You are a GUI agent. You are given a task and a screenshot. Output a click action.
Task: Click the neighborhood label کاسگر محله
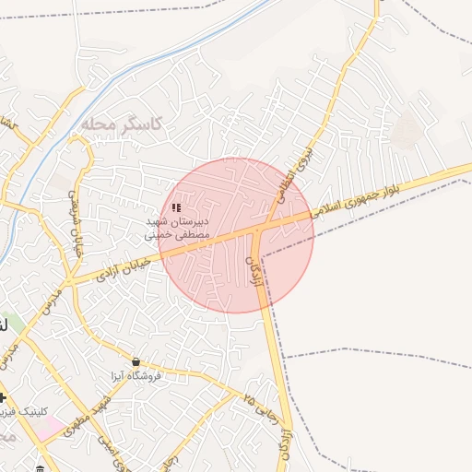click(121, 123)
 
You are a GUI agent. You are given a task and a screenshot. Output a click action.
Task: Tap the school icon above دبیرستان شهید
click(177, 209)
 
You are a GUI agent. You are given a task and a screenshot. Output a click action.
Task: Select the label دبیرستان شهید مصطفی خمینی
click(179, 229)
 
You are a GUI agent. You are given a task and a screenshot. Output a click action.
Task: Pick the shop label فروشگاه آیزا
click(136, 376)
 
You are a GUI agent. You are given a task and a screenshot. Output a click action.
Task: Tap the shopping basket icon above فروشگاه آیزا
click(136, 362)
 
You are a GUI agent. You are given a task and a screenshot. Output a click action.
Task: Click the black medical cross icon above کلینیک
click(4, 397)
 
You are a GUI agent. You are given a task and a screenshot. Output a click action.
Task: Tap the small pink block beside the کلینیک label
click(51, 429)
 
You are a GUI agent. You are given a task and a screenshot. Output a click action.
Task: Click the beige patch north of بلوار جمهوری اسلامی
click(404, 132)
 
